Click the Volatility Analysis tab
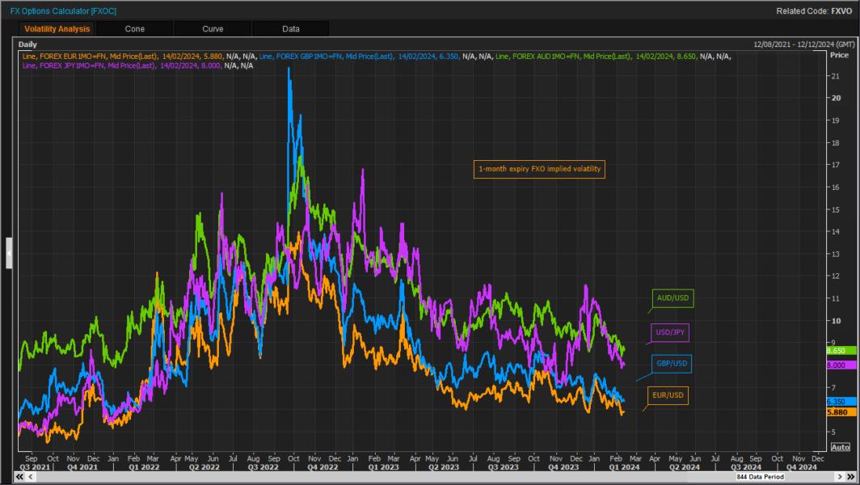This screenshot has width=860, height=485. tap(56, 29)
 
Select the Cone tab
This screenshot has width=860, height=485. tap(135, 29)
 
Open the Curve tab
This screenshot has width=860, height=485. tap(213, 29)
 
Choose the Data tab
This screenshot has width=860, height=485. tap(291, 29)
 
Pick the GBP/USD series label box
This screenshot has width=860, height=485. tap(671, 365)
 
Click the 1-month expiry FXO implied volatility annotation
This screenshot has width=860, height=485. tap(539, 169)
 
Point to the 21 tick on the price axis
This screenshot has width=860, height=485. tap(836, 75)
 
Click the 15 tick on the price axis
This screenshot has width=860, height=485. tap(836, 209)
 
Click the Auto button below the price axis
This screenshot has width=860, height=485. tap(840, 447)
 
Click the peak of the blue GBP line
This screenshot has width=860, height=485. tap(289, 68)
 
